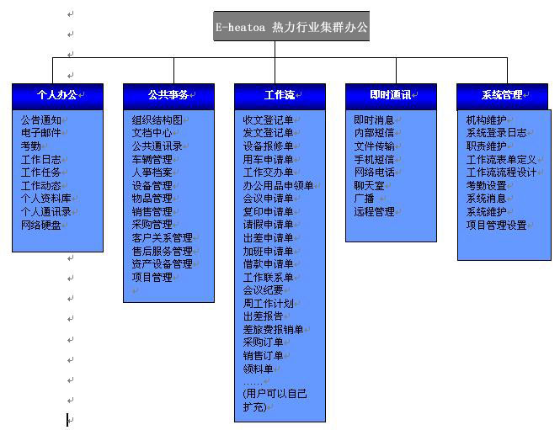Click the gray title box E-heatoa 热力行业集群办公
click(x=291, y=26)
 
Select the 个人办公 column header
click(x=57, y=96)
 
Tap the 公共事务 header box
click(x=168, y=96)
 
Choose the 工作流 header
click(x=280, y=96)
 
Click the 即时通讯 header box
click(x=391, y=96)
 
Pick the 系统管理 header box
click(x=502, y=96)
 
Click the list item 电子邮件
click(x=40, y=133)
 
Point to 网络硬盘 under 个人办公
click(x=40, y=226)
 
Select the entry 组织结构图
click(x=157, y=119)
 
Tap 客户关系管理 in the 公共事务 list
click(x=163, y=237)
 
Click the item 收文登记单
click(x=269, y=119)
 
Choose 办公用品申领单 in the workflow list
click(x=278, y=186)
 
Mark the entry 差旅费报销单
click(x=273, y=329)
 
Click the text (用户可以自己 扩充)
click(x=275, y=401)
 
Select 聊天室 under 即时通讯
click(x=370, y=186)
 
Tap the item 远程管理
click(x=374, y=212)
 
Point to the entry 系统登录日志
click(x=497, y=133)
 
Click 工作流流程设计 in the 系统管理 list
click(x=501, y=173)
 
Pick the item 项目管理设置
click(x=497, y=226)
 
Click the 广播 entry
click(x=365, y=199)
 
